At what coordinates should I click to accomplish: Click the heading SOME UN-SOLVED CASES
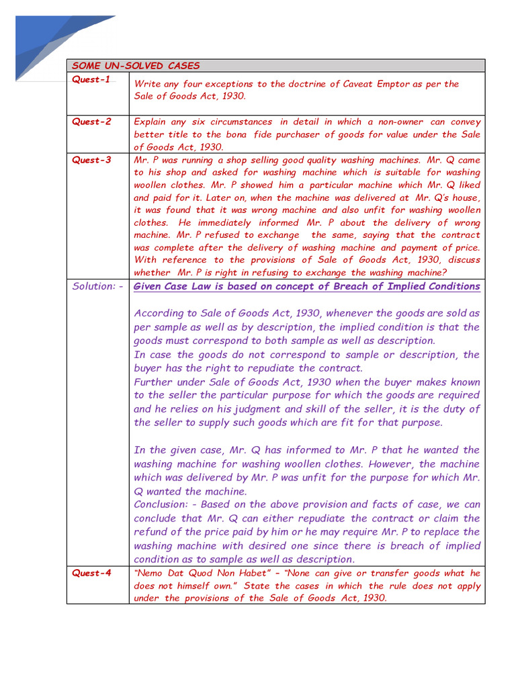(136, 66)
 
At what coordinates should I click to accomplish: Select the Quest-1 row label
(91, 79)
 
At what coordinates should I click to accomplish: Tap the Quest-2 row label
(91, 122)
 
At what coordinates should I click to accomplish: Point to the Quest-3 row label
(91, 160)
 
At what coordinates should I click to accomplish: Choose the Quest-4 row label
(91, 573)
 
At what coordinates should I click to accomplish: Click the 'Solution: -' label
(97, 286)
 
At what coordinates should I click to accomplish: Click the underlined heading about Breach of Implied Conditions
(307, 286)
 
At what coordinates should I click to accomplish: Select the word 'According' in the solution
(161, 313)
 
